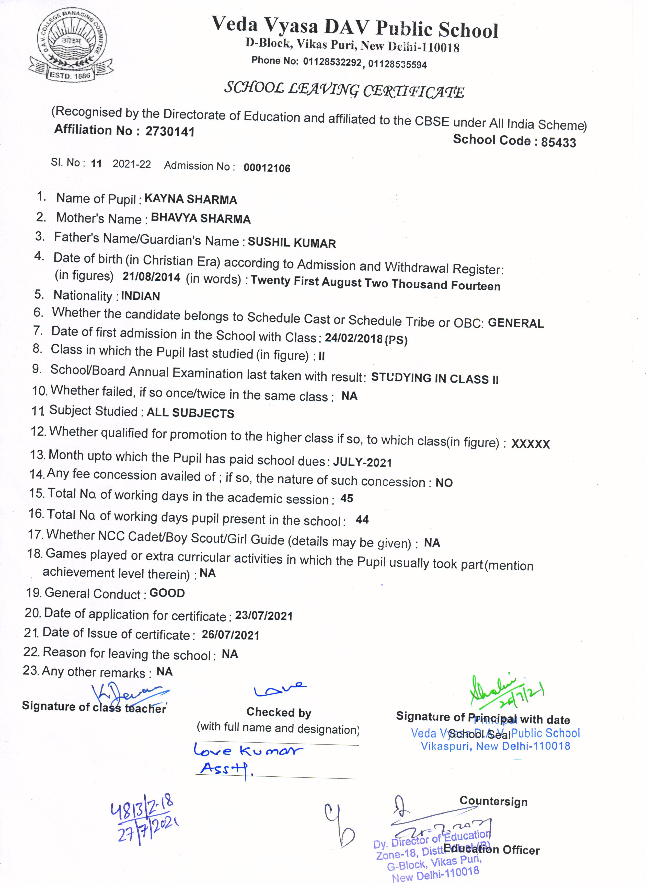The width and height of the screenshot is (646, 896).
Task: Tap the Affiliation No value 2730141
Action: click(170, 132)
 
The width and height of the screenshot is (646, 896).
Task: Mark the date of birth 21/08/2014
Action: click(151, 277)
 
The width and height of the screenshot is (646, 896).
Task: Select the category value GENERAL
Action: click(516, 323)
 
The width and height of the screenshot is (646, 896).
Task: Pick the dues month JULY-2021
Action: click(362, 462)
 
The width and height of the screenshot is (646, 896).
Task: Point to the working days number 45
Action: click(347, 498)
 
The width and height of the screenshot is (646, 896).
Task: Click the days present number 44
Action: click(362, 519)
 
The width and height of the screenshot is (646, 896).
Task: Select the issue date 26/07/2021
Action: click(230, 635)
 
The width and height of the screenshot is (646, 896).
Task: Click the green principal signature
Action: click(506, 691)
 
